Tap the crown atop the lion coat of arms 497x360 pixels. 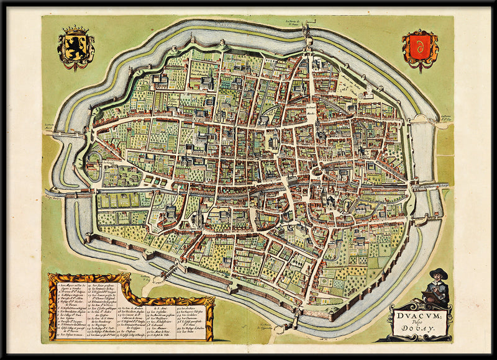point(76,29)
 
